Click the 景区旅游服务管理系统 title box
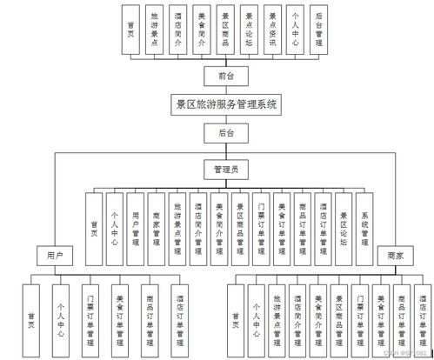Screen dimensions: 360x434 [x=225, y=103]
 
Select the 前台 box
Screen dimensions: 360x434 [x=225, y=76]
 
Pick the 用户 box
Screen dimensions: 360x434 [x=55, y=256]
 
